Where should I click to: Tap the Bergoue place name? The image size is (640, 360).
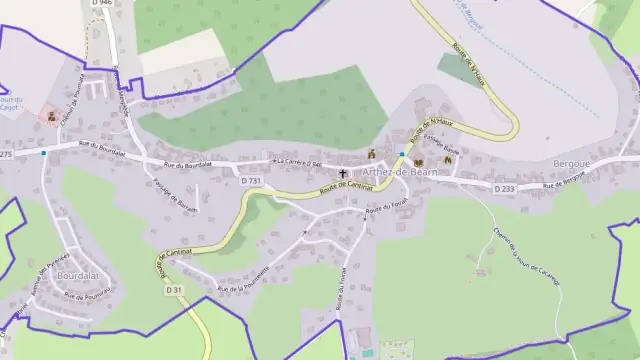[573, 161]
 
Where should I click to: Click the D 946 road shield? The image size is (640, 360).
[99, 3]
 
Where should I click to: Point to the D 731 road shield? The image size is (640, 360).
[251, 180]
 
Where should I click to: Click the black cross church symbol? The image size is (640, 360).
[342, 174]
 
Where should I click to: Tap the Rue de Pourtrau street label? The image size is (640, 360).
[85, 295]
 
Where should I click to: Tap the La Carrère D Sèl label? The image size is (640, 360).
[297, 163]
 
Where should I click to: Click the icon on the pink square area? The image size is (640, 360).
[52, 116]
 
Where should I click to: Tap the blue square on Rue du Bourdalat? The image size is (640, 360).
[44, 153]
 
